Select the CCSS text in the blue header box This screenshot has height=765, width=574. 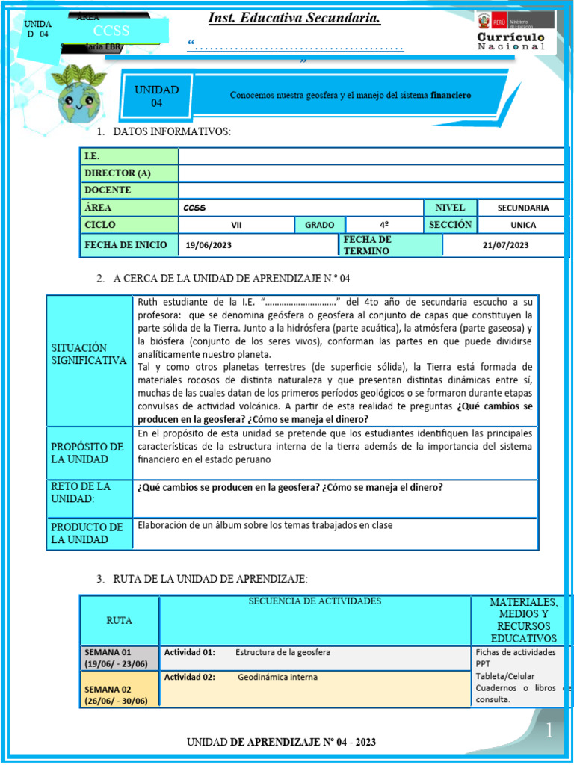(111, 31)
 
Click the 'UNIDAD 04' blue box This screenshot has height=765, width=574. (156, 96)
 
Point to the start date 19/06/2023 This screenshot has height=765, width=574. (210, 244)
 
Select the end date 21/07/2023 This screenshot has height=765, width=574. (505, 244)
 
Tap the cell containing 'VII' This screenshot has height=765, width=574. (236, 225)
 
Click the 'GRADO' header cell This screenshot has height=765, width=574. (319, 225)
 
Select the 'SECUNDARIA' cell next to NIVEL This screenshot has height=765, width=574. (523, 208)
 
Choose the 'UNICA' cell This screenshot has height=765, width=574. (523, 225)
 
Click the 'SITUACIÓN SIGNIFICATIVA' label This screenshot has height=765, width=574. (89, 354)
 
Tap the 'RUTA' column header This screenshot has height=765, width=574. (120, 620)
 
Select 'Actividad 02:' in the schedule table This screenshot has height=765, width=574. (190, 678)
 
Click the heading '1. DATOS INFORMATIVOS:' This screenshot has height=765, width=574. (164, 132)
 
